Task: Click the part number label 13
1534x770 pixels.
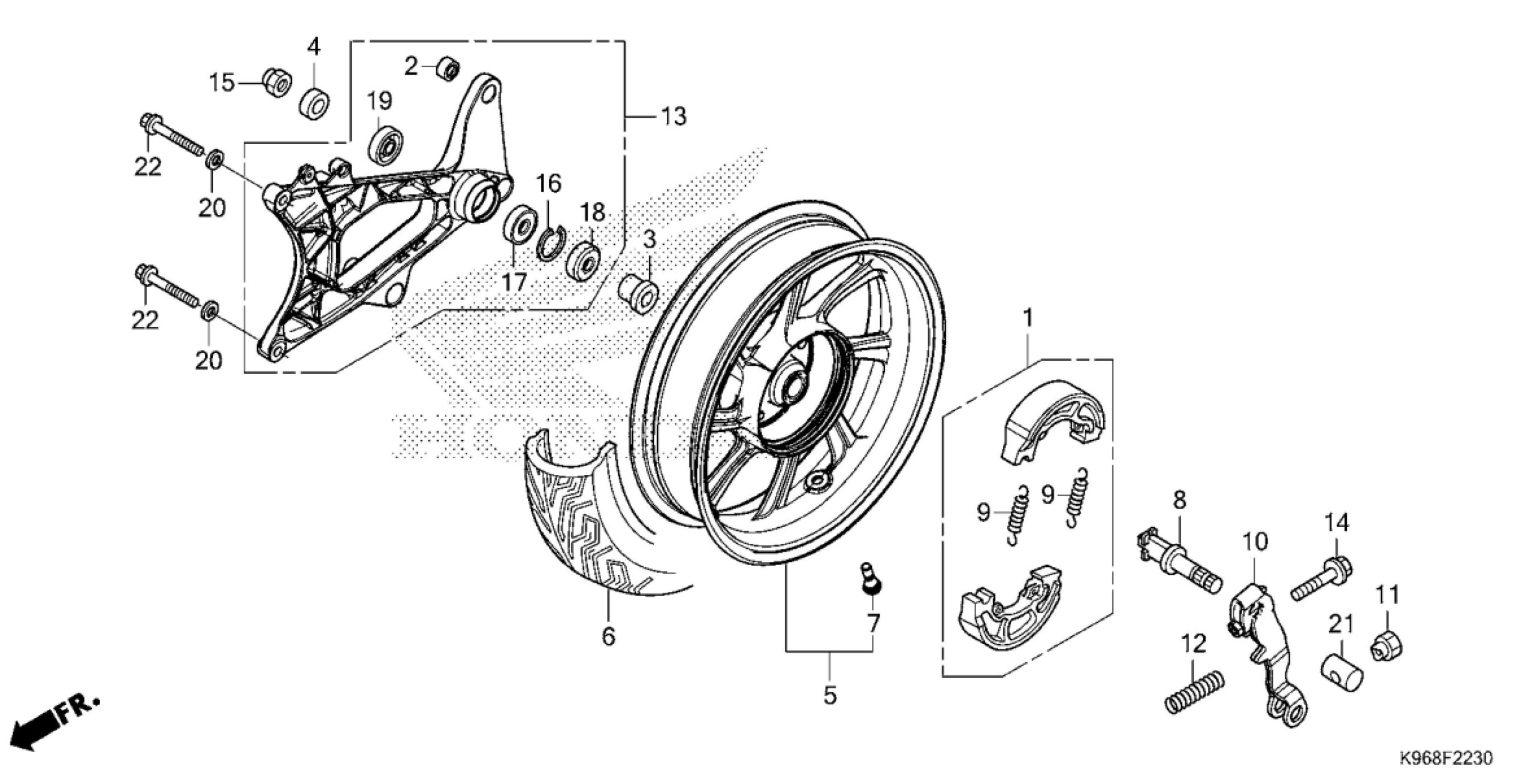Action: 674,116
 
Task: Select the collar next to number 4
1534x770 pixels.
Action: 315,103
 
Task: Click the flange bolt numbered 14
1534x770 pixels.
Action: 1321,579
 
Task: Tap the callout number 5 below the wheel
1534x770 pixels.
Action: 829,696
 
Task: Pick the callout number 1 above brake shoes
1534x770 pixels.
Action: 1028,318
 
